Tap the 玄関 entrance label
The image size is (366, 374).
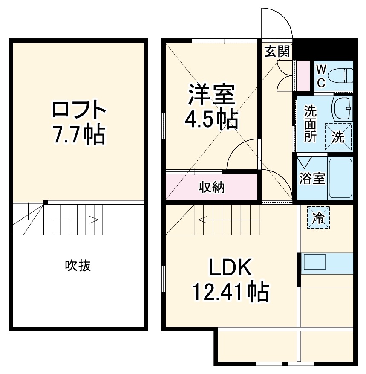[277, 52]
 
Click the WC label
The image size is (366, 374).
[321, 75]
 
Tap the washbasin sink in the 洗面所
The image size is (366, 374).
[343, 108]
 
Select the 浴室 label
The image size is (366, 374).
[312, 178]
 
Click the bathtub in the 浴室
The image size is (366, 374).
[340, 178]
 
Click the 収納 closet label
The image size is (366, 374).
[212, 187]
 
